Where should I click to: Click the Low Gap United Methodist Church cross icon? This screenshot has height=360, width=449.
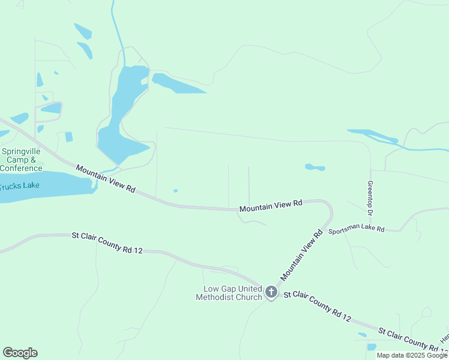coord(271,292)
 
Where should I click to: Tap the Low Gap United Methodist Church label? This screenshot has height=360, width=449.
coord(229,293)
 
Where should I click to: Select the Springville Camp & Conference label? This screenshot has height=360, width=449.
coord(21,160)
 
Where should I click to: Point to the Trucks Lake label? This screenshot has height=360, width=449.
coord(20,185)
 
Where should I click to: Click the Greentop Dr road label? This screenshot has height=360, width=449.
coord(370,198)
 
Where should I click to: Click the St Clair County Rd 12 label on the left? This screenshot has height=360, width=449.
coord(107,242)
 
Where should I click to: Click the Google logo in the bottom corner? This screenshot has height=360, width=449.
coord(20,353)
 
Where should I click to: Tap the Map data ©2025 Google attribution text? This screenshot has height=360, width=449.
coord(412,355)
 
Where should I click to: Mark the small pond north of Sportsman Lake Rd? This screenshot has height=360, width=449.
coord(315,167)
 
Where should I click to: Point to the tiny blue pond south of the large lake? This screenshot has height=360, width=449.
coord(175,191)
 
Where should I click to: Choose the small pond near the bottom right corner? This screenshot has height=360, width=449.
coord(371,347)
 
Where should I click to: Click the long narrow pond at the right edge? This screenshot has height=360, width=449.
coord(375,136)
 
